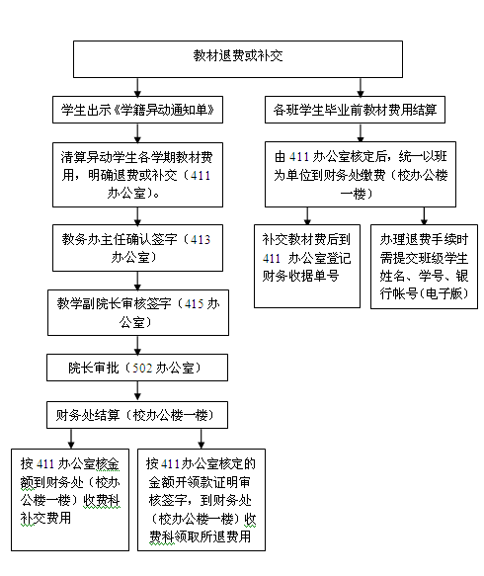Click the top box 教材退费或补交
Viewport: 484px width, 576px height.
click(x=238, y=59)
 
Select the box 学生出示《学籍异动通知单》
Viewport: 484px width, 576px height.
click(x=137, y=110)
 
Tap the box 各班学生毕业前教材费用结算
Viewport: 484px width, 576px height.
click(x=355, y=110)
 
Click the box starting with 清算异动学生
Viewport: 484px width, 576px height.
click(x=137, y=175)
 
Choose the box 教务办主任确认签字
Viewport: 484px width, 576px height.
click(x=137, y=248)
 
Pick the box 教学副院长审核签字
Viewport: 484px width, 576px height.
click(x=138, y=312)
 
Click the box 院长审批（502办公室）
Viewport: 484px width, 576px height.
click(x=137, y=368)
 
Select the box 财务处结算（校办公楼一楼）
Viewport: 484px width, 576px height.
click(x=137, y=415)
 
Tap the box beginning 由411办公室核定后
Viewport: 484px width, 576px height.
click(x=361, y=175)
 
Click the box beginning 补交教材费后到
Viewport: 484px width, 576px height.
click(x=307, y=267)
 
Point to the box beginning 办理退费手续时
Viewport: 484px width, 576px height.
click(x=424, y=267)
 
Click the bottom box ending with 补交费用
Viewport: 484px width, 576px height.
click(x=70, y=500)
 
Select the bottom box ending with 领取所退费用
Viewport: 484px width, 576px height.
click(x=202, y=500)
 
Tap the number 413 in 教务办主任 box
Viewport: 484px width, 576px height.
click(x=201, y=239)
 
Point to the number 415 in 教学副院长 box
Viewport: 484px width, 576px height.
click(x=195, y=303)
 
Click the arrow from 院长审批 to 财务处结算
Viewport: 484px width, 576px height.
click(x=137, y=391)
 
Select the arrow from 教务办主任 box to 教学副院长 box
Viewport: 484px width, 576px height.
click(x=137, y=281)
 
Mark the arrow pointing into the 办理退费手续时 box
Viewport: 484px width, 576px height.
click(x=424, y=216)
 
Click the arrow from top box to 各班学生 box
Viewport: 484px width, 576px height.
click(x=361, y=87)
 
